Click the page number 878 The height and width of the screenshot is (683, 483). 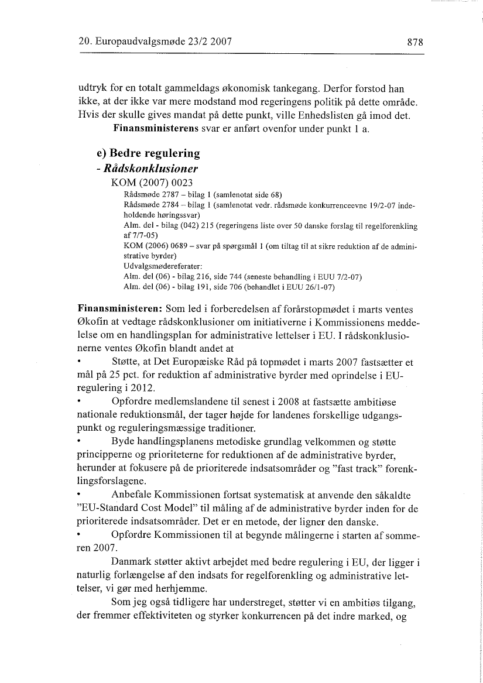tap(415, 42)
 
